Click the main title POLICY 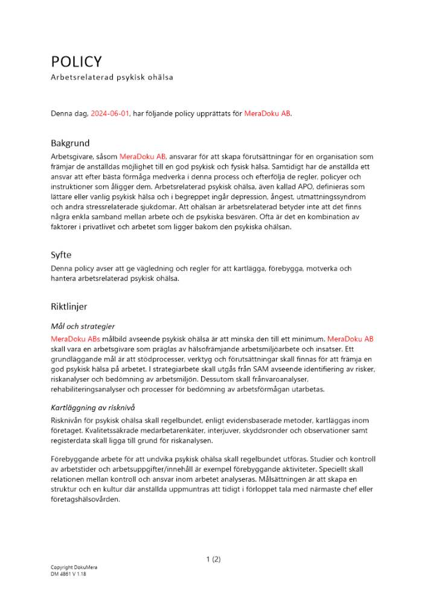tap(76, 62)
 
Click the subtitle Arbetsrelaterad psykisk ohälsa tap(112, 77)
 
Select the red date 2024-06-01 tap(110, 113)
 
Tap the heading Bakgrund tap(69, 144)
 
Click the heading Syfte tap(61, 255)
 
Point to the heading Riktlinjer tap(69, 306)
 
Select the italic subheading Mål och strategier tap(83, 326)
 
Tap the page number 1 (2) tap(213, 559)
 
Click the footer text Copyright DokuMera tap(74, 567)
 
